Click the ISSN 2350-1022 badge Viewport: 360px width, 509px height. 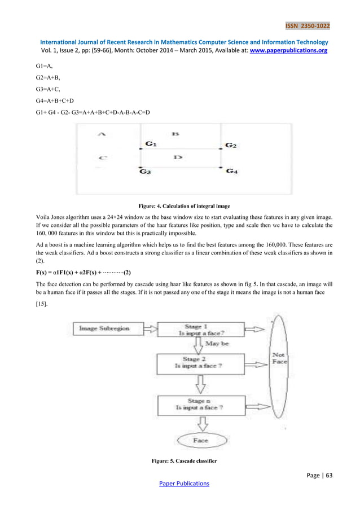(308, 26)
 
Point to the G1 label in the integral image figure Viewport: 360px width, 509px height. (151, 144)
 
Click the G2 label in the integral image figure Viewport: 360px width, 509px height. (231, 146)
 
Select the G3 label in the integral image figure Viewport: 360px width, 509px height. (145, 172)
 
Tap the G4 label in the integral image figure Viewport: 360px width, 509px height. (232, 171)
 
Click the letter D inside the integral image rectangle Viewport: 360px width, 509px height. (178, 157)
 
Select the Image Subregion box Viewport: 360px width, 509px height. (104, 328)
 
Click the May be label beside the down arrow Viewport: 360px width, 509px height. (217, 343)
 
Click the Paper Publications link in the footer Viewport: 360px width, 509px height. (180, 484)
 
